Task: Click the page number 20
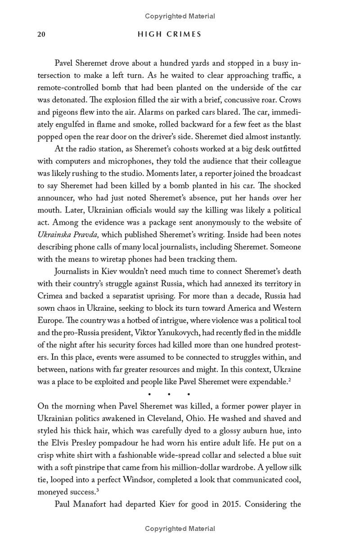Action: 41,34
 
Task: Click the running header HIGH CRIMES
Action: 170,34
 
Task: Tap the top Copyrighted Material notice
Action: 180,16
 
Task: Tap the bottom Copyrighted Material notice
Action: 180,529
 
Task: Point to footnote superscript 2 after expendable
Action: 290,380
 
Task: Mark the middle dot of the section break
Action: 169,394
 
